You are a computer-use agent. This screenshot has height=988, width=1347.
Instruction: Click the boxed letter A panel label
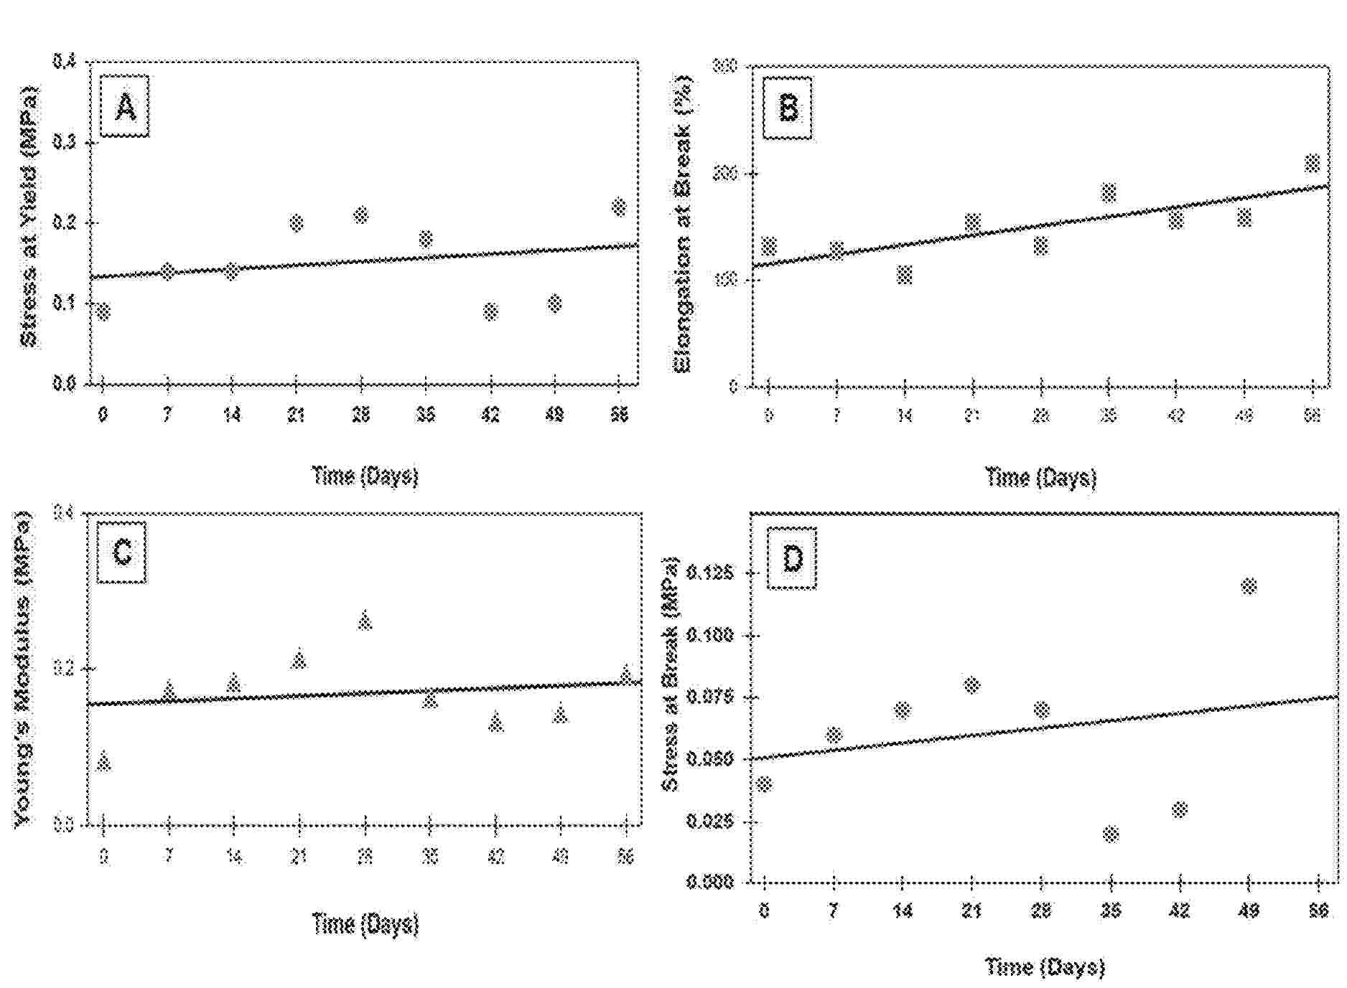(x=125, y=107)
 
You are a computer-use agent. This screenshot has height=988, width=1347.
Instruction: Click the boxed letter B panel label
(x=788, y=108)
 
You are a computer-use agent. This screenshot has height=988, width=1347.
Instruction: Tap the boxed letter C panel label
(x=122, y=552)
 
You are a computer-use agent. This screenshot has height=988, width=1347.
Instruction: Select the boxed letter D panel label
(x=792, y=558)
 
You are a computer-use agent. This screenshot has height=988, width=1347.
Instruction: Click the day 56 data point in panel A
(x=619, y=207)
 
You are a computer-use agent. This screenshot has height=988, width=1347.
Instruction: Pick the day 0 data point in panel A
(x=103, y=311)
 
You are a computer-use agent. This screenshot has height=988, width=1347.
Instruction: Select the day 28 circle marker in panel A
(x=361, y=215)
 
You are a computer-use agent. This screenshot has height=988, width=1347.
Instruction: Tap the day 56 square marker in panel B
(x=1312, y=164)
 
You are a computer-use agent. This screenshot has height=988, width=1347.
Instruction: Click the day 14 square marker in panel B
(x=905, y=275)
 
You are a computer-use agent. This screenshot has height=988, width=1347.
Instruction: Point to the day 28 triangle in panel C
(x=365, y=620)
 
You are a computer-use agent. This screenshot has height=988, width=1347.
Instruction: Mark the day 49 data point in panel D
(x=1249, y=586)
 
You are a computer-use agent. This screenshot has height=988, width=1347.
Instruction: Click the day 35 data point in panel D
(x=1111, y=834)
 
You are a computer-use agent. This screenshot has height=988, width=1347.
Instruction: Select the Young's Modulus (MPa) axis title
(x=23, y=667)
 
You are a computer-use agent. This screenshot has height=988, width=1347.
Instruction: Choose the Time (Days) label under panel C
(x=365, y=923)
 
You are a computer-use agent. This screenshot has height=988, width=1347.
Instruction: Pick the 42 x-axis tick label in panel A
(x=490, y=415)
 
